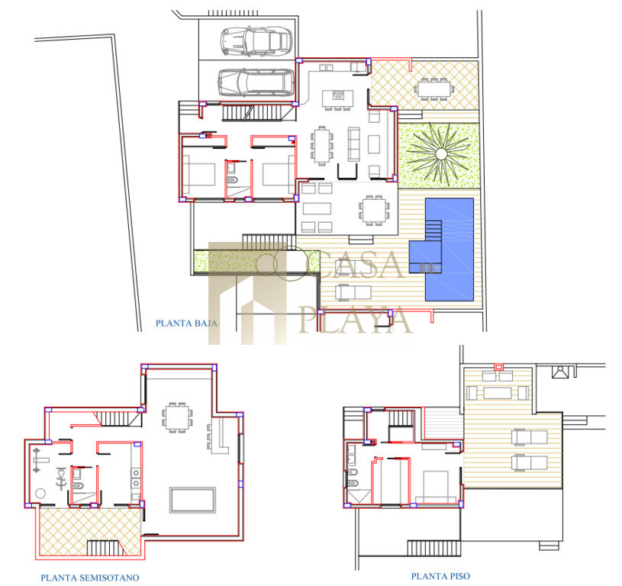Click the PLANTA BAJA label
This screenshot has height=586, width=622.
pyautogui.click(x=186, y=323)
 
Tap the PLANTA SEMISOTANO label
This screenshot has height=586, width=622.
pyautogui.click(x=90, y=578)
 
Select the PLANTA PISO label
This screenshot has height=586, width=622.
pyautogui.click(x=440, y=576)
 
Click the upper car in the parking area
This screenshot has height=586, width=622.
pyautogui.click(x=256, y=41)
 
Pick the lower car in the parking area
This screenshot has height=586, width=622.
pyautogui.click(x=256, y=82)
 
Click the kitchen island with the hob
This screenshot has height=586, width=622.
pyautogui.click(x=337, y=98)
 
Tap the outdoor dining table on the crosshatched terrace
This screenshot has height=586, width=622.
pyautogui.click(x=433, y=89)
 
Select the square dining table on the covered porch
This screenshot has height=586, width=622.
pyautogui.click(x=373, y=210)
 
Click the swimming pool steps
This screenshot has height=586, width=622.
pyautogui.click(x=433, y=231)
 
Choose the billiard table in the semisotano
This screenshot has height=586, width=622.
pyautogui.click(x=193, y=500)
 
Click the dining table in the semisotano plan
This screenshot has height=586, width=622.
pyautogui.click(x=177, y=417)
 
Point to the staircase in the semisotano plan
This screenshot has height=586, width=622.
pyautogui.click(x=113, y=419)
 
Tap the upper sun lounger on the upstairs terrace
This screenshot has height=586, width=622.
pyautogui.click(x=529, y=438)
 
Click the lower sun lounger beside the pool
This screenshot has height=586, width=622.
pyautogui.click(x=353, y=292)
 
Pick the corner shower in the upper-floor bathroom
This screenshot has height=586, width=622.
pyautogui.click(x=358, y=497)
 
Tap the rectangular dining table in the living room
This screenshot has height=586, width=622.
pyautogui.click(x=322, y=146)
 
